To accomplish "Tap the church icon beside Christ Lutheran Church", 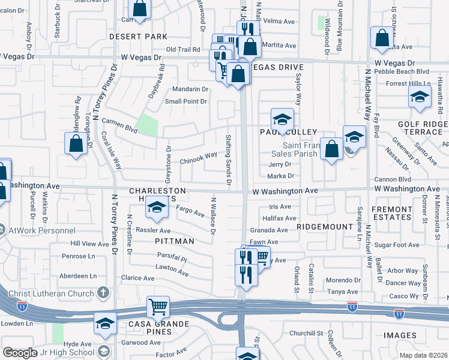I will [x=103, y=293].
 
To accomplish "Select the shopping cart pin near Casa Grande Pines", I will [x=158, y=307].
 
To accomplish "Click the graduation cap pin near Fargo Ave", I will [x=156, y=208].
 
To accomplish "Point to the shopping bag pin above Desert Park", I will [x=139, y=10].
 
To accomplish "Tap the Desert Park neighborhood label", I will [x=138, y=37].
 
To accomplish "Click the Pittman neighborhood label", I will [x=174, y=241].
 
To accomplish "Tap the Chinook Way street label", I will [x=199, y=158].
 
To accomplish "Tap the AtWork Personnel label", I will [x=41, y=230].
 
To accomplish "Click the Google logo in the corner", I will [x=20, y=353].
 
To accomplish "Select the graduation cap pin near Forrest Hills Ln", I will [x=420, y=96].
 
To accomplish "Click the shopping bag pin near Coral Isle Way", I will [x=76, y=144].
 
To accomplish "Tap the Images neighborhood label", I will [x=397, y=335].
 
